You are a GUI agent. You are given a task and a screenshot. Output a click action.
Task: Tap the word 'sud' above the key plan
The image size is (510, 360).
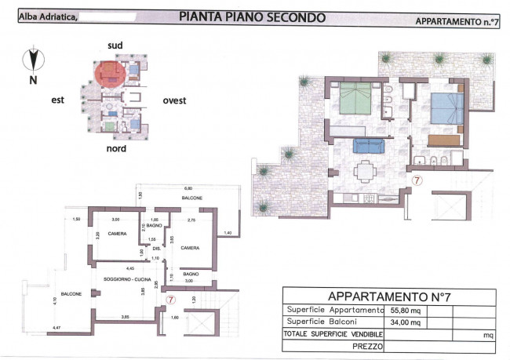point(115,46)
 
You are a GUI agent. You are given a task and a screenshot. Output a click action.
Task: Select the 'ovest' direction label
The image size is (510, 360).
point(174,100)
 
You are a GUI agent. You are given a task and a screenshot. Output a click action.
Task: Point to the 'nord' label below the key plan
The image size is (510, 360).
point(117,147)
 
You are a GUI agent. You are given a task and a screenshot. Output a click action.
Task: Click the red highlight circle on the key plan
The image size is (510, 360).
point(111,75)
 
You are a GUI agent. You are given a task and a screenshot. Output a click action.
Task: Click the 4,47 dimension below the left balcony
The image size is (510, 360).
point(56,325)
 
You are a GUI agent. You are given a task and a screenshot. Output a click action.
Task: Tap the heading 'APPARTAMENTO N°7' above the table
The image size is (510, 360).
point(388,296)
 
